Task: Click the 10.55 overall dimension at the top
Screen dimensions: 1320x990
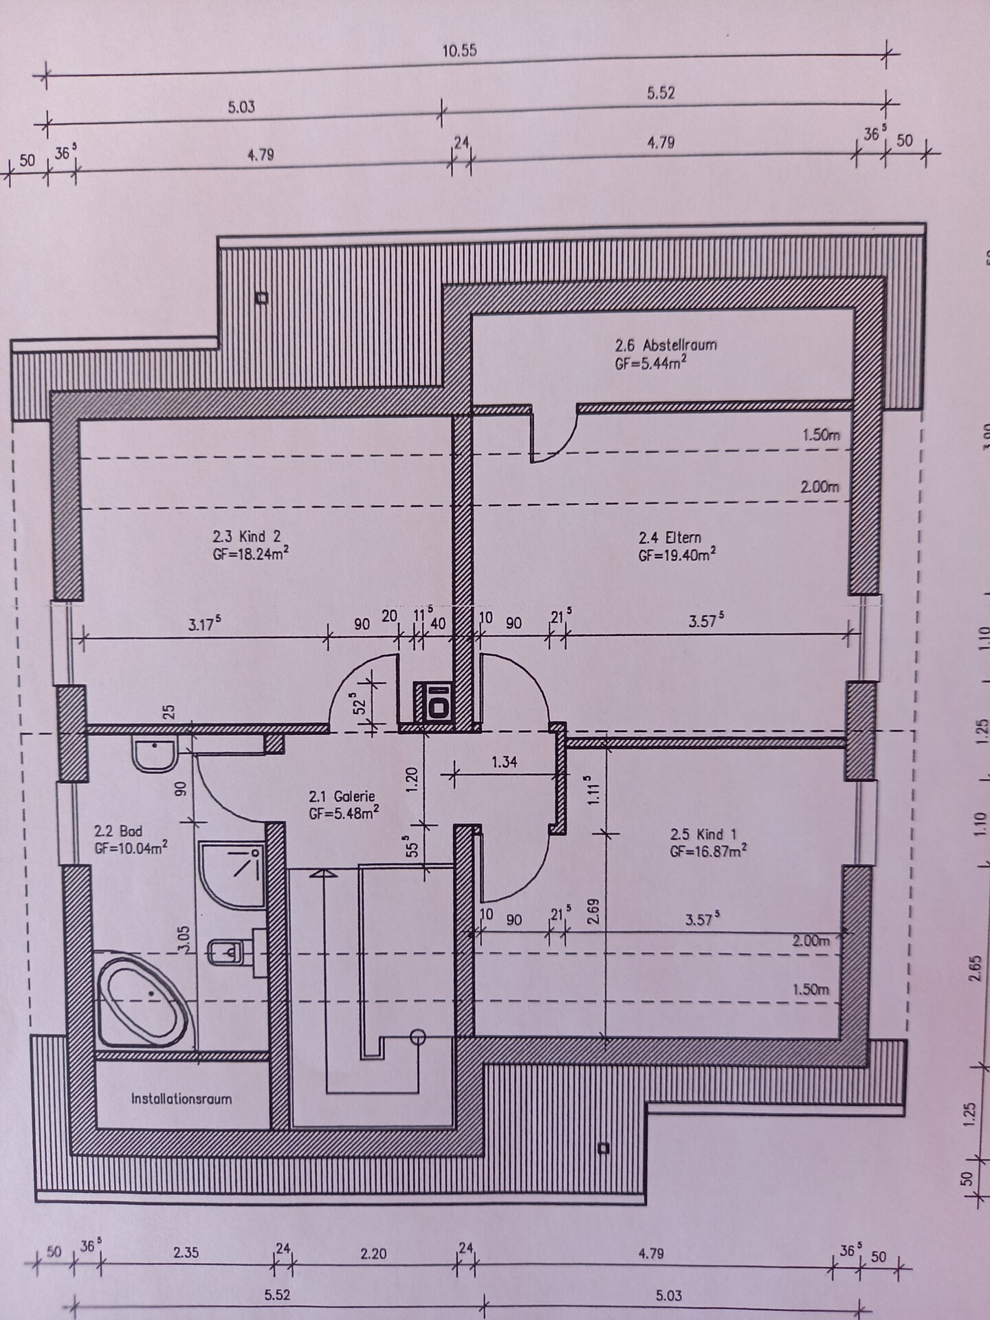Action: (x=460, y=51)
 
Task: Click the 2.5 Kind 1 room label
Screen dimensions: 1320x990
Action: (x=703, y=835)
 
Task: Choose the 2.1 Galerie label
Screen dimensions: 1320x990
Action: (x=342, y=797)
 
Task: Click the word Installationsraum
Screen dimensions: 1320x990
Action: (x=181, y=1099)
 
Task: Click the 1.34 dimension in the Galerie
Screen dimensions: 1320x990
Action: (x=504, y=762)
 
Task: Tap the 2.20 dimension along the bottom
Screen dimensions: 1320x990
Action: (x=373, y=1253)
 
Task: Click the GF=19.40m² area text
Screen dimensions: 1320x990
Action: (x=676, y=555)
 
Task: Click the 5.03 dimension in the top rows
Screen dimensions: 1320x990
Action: (x=241, y=107)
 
